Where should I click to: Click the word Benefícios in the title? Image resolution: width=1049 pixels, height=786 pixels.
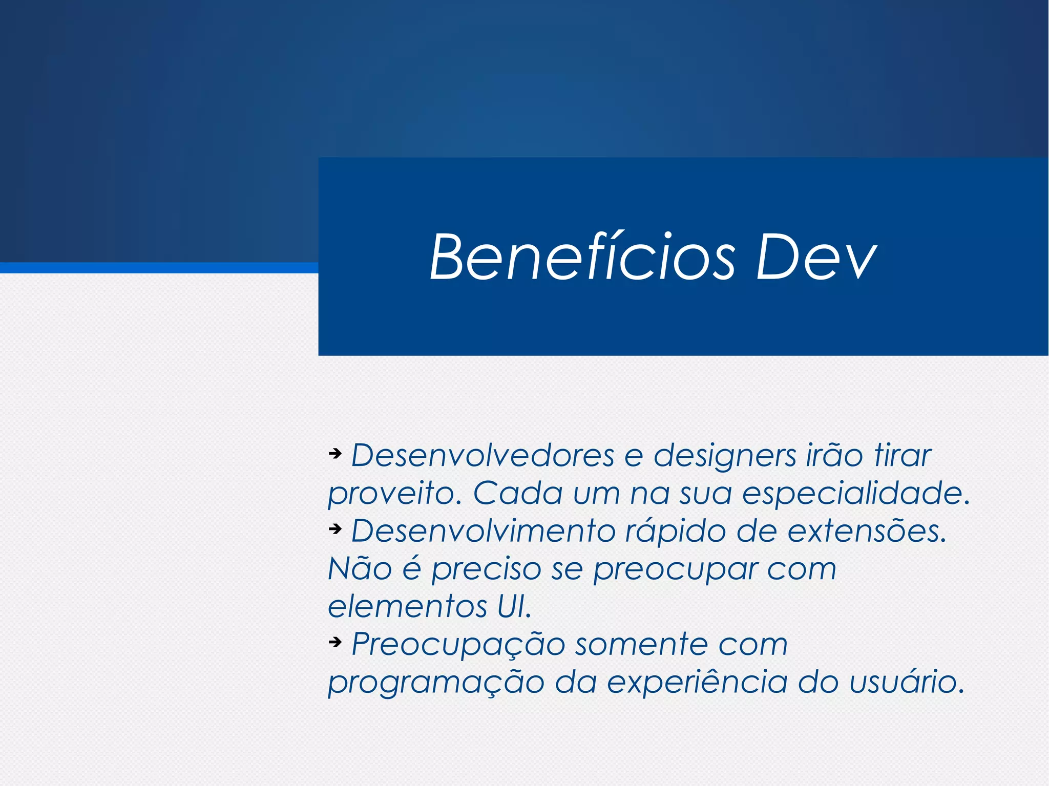click(x=582, y=257)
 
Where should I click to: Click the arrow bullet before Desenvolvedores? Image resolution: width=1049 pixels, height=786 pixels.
click(x=335, y=453)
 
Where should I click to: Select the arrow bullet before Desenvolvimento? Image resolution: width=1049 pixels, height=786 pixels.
click(x=335, y=528)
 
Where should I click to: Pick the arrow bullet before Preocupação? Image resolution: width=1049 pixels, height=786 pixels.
click(x=335, y=642)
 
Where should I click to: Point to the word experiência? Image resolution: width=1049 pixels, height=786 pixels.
click(x=697, y=683)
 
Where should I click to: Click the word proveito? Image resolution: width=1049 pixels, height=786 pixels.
click(x=394, y=494)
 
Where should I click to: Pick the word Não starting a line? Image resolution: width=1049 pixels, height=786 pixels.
click(x=360, y=568)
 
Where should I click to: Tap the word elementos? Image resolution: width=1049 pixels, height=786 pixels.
click(x=407, y=607)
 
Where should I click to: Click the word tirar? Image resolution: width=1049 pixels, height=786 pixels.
click(x=903, y=455)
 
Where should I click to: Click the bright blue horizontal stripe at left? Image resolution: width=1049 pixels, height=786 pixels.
click(x=154, y=268)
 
